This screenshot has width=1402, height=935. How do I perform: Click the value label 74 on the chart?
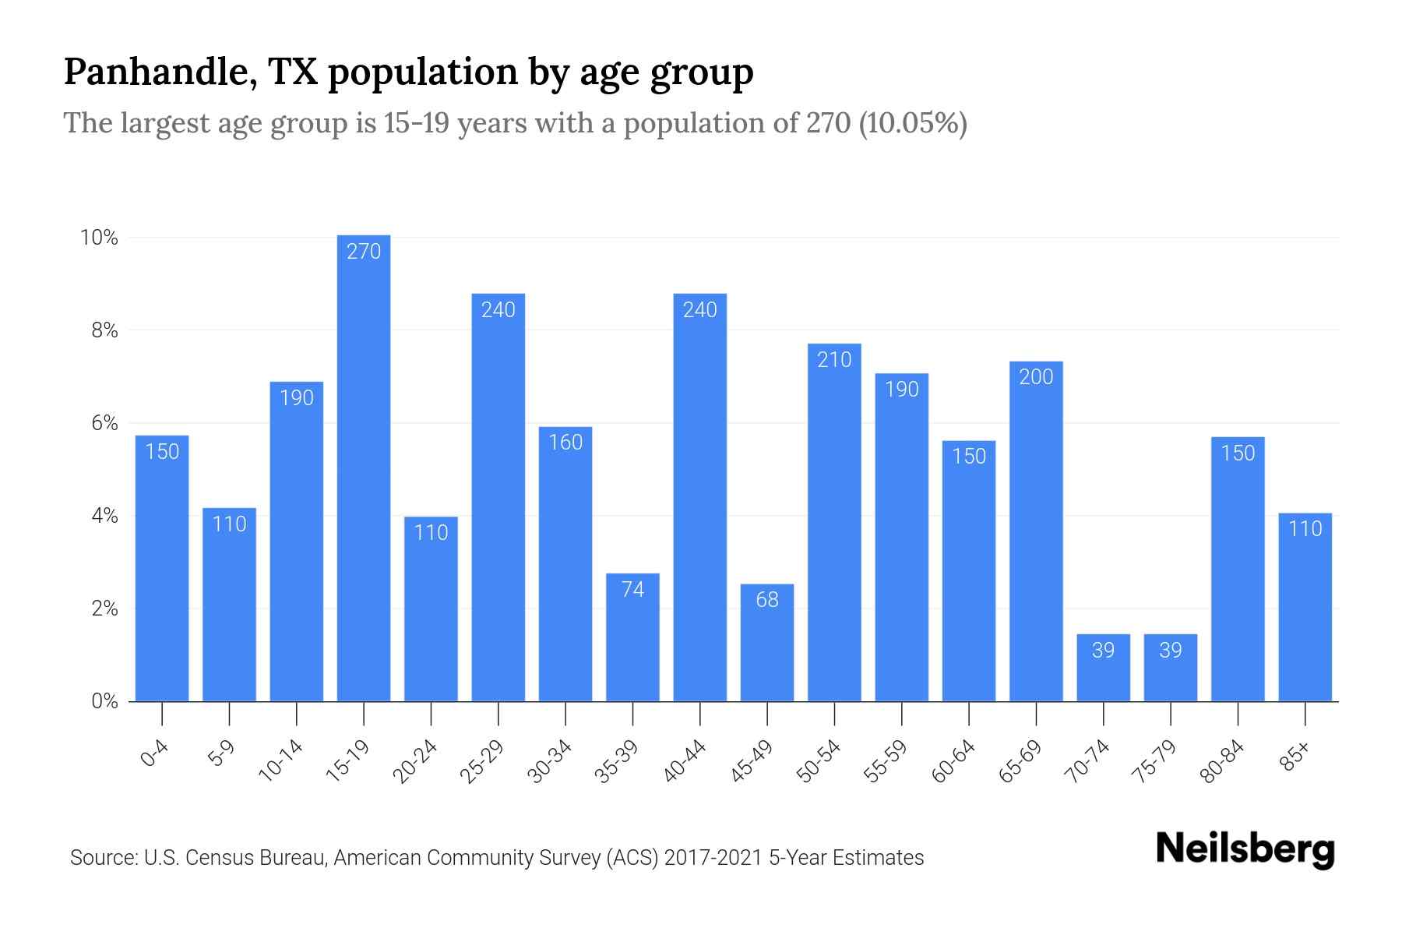tap(632, 590)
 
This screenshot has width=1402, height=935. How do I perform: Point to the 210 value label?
tap(834, 360)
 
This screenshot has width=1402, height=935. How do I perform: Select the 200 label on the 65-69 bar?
tap(1036, 377)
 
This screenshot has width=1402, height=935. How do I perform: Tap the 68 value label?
tap(767, 600)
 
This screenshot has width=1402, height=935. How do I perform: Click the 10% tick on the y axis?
tap(99, 238)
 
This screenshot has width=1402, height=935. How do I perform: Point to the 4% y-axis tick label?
tap(104, 516)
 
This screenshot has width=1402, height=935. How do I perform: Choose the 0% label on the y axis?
tap(104, 701)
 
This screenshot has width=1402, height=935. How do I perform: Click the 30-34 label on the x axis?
tap(550, 761)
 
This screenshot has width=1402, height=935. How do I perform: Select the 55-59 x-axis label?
tap(886, 761)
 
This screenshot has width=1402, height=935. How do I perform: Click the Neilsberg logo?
tap(1245, 849)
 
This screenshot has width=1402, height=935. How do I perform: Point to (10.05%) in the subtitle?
tap(912, 123)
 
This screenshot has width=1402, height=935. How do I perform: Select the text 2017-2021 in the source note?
tap(713, 858)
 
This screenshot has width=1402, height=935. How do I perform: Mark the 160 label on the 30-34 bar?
tap(565, 443)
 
